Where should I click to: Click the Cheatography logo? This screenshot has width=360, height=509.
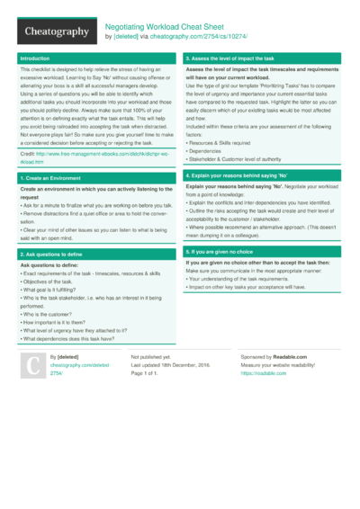coord(55,31)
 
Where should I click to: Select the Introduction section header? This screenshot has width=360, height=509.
coord(35,58)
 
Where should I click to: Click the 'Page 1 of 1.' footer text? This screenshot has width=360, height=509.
coord(148,373)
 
